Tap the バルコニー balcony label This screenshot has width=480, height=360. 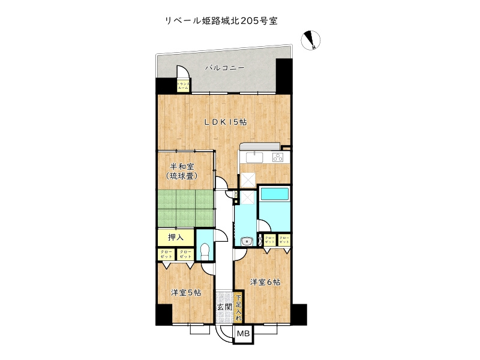(224, 68)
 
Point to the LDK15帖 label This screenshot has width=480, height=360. (225, 122)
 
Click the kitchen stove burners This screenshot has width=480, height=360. (278, 157)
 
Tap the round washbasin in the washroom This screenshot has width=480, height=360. (245, 241)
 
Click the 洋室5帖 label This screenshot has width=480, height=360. (185, 293)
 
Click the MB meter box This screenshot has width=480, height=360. (243, 334)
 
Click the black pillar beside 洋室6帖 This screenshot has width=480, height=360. (299, 313)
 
